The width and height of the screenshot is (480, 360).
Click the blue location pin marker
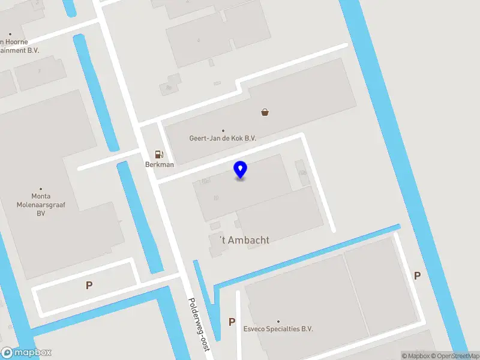pyautogui.click(x=240, y=169)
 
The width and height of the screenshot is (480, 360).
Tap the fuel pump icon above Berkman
pyautogui.click(x=159, y=154)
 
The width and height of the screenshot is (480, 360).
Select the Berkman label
pyautogui.click(x=160, y=164)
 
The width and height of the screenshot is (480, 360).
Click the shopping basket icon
pyautogui.click(x=265, y=112)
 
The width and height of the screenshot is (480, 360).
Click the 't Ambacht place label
pyautogui.click(x=244, y=240)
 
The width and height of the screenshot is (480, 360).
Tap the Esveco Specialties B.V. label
pyautogui.click(x=278, y=329)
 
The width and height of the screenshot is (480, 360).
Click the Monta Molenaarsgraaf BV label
pyautogui.click(x=41, y=204)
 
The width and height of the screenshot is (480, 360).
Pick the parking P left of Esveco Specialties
pyautogui.click(x=232, y=322)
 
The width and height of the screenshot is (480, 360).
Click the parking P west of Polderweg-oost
pyautogui.click(x=89, y=286)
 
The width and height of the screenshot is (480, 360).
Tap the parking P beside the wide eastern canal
pyautogui.click(x=417, y=276)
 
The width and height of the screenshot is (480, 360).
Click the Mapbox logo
pyautogui.click(x=26, y=353)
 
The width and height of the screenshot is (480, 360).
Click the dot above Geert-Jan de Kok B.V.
pyautogui.click(x=223, y=130)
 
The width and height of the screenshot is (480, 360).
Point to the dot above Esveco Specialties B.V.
pyautogui.click(x=278, y=322)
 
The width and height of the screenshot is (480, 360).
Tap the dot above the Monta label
pyautogui.click(x=41, y=188)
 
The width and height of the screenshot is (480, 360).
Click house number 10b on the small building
pyautogui.click(x=303, y=172)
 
